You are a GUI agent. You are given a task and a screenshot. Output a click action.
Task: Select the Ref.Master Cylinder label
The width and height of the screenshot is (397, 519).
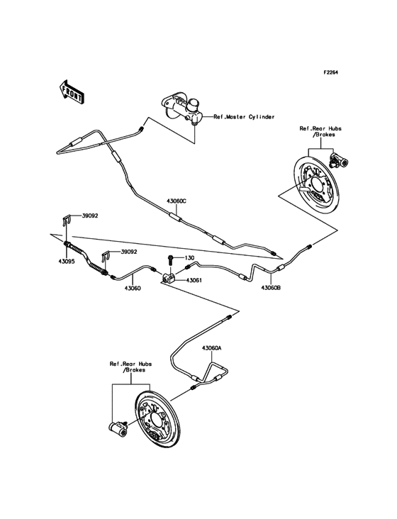[244, 117]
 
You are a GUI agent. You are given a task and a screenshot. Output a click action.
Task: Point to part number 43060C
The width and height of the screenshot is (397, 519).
[177, 201]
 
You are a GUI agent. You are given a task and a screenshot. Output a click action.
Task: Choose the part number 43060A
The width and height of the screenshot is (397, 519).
[211, 348]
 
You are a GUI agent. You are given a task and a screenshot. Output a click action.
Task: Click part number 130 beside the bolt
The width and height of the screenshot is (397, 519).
[190, 258]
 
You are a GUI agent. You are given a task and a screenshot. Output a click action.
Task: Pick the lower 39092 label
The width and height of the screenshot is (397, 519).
[128, 251]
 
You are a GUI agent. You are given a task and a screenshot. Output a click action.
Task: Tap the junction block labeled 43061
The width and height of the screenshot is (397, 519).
[171, 279]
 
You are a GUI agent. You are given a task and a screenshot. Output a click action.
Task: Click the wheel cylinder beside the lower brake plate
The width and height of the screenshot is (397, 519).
[116, 427]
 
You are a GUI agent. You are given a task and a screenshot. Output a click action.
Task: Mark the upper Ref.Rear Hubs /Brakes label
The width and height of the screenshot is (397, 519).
[320, 132]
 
